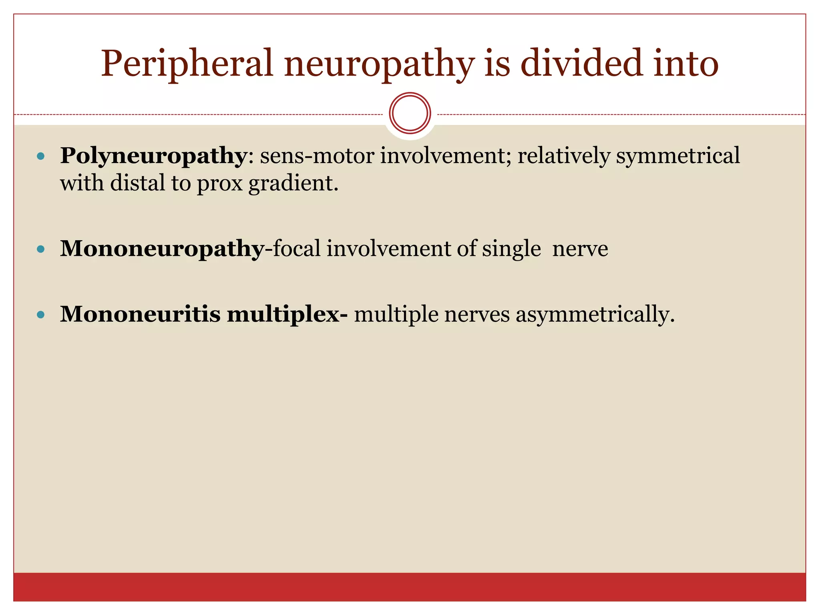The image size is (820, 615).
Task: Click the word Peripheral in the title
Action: tap(187, 64)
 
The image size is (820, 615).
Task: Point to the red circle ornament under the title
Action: tap(410, 113)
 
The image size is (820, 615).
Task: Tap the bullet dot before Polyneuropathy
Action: tap(40, 156)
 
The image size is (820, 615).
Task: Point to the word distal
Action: tap(137, 183)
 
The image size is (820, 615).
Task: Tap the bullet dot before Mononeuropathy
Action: tap(40, 249)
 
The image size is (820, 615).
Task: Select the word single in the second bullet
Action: tap(511, 249)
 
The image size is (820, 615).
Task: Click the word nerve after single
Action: tap(580, 249)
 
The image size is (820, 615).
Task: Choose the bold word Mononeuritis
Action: tap(140, 314)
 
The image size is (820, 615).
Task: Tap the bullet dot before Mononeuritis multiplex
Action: tap(40, 315)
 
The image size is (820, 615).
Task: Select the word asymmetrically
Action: tap(595, 315)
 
